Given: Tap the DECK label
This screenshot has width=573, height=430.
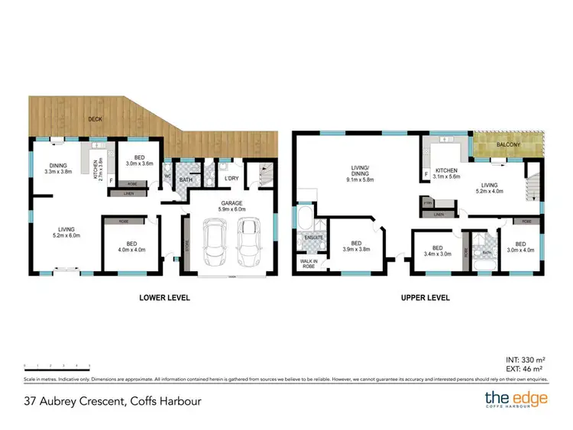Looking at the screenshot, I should pos(95,118).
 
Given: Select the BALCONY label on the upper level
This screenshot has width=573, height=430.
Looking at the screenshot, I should pos(508,144).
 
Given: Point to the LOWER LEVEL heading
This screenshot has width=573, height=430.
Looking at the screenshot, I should pos(165,297).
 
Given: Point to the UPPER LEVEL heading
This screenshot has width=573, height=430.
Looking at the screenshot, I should pos(425,297).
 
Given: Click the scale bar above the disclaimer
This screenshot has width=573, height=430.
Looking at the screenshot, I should pos(57,366).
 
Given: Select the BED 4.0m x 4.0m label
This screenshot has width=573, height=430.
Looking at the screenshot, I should pos(131,246).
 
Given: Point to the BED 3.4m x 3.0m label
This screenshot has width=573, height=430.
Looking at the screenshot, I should pos(436,251).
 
